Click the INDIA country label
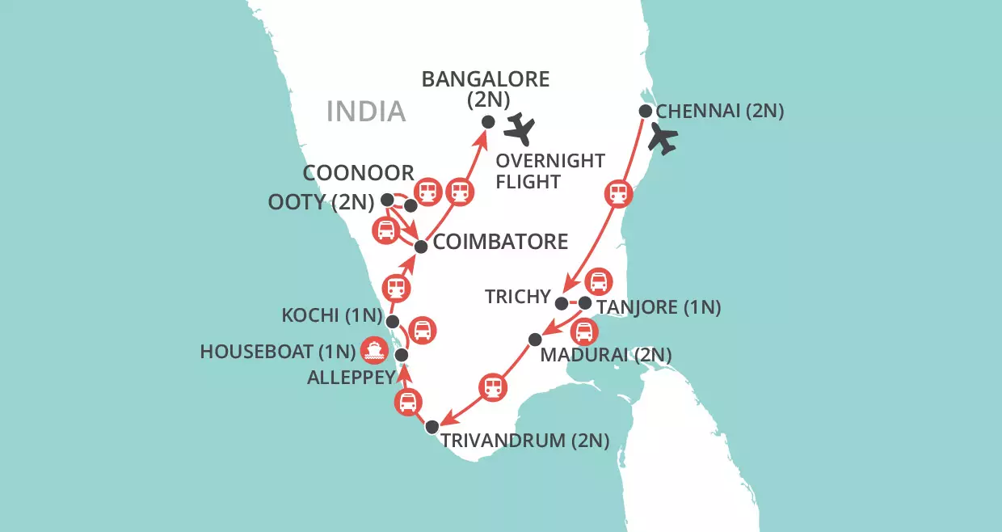click(x=365, y=111)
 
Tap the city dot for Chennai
click(x=646, y=111)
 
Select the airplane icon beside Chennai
click(x=664, y=138)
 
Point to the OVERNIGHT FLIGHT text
click(x=550, y=171)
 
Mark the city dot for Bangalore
click(x=488, y=121)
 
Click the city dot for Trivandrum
click(x=432, y=426)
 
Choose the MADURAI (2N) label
click(x=605, y=354)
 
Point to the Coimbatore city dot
click(x=420, y=246)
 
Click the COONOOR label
click(x=358, y=173)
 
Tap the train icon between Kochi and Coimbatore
click(x=395, y=287)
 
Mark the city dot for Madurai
click(x=534, y=338)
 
